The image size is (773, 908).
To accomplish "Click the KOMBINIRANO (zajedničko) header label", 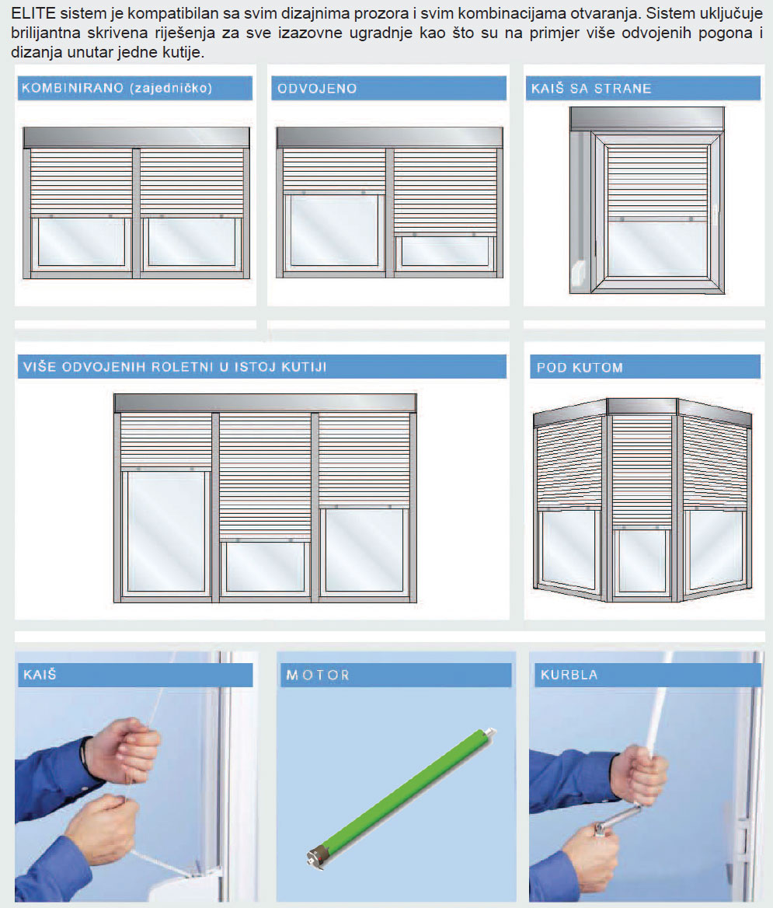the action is (117, 88).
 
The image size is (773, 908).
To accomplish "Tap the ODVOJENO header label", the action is (317, 89).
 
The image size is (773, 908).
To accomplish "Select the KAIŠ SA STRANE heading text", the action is (591, 89).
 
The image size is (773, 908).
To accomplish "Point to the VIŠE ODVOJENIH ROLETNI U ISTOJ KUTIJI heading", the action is (175, 367).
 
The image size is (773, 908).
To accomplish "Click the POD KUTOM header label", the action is (580, 368).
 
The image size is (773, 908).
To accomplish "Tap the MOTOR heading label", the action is (318, 676).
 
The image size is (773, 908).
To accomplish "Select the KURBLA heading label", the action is (569, 675).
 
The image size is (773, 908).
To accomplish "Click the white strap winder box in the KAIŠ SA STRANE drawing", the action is (578, 274).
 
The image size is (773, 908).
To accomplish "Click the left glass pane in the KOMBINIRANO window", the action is (81, 242).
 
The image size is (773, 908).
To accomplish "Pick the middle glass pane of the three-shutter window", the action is (265, 567).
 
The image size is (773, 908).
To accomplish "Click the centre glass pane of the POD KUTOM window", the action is (642, 561).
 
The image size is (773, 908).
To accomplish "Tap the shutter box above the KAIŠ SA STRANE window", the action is (647, 119).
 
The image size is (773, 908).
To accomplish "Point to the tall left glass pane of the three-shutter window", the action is (166, 532).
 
